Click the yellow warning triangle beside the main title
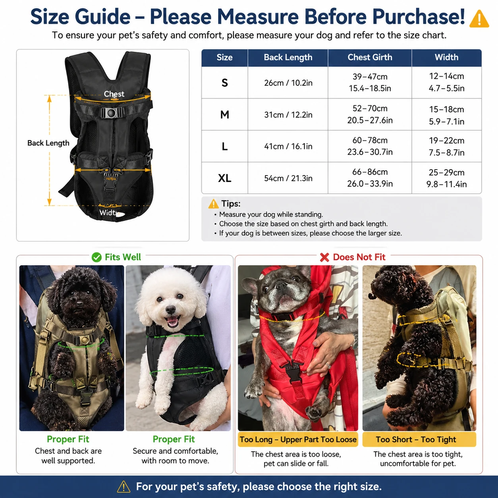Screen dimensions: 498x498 [x=479, y=19]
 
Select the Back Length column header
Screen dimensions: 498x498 [x=288, y=57]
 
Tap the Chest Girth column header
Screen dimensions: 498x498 [x=370, y=57]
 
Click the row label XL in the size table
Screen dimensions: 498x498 [x=224, y=178]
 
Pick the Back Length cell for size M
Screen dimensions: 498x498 [x=288, y=114]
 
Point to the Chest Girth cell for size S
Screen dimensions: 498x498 [x=370, y=83]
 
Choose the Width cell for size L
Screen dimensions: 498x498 [x=446, y=147]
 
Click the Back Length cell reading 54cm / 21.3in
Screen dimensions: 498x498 [x=288, y=178]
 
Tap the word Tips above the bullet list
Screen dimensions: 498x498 [x=231, y=204]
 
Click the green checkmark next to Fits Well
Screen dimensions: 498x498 [x=97, y=257]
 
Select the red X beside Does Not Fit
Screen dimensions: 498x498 [x=324, y=257]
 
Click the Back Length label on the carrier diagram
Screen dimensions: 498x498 [x=48, y=143]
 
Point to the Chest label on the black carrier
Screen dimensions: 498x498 [x=114, y=94]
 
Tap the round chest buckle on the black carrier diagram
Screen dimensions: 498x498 [x=112, y=113]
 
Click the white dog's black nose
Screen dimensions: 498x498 [x=170, y=309]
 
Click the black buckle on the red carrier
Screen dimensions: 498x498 [x=293, y=371]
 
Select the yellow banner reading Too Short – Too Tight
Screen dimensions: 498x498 [x=419, y=439]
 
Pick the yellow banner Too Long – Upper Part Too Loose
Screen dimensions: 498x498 [x=298, y=439]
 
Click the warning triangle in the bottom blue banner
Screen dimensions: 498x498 [x=124, y=486]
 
